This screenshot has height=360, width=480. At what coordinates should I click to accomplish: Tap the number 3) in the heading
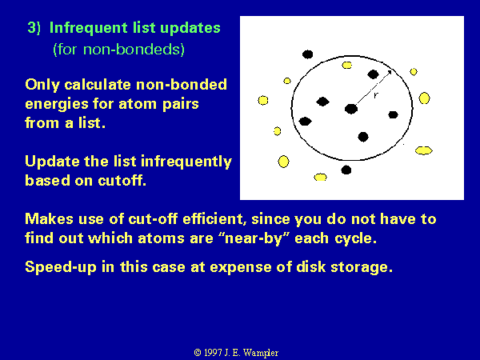click(34, 28)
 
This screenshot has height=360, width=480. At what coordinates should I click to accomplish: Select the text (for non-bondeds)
click(118, 50)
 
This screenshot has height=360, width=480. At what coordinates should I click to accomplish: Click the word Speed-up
click(60, 267)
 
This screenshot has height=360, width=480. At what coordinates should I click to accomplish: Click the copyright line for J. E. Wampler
click(236, 353)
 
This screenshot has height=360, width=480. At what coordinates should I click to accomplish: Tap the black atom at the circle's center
click(351, 109)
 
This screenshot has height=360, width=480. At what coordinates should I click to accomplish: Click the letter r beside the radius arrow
click(376, 95)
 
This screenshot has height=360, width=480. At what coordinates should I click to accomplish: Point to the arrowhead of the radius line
click(389, 73)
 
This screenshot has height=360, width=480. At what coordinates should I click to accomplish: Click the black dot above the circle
click(308, 54)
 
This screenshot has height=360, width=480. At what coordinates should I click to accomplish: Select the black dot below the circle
click(346, 170)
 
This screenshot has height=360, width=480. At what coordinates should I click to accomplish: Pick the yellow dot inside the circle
click(347, 66)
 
